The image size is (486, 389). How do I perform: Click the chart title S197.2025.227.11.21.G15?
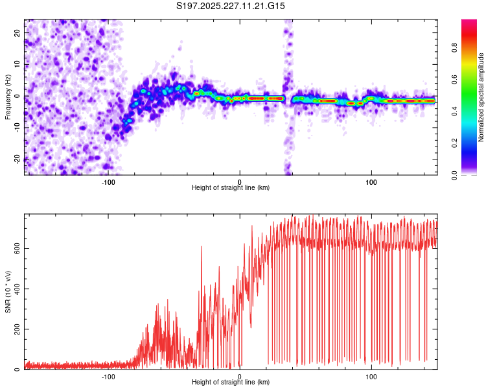click(231, 6)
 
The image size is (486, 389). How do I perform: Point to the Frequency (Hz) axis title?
click(8, 97)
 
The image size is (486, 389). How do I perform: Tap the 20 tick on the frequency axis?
click(17, 32)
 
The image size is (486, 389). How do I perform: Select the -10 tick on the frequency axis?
click(16, 127)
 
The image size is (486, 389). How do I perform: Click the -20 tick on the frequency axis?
click(16, 159)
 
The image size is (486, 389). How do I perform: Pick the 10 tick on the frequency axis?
click(17, 64)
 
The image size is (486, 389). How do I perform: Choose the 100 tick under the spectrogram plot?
click(371, 182)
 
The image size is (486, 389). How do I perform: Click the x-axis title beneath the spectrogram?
click(231, 188)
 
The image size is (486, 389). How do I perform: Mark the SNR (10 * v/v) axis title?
click(8, 294)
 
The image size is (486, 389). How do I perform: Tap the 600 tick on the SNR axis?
click(14, 248)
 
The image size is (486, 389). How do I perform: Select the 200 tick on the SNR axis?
click(14, 329)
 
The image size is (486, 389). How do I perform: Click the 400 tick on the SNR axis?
click(14, 289)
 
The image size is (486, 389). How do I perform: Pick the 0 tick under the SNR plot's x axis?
click(240, 377)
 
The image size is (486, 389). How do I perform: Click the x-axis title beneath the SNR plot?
click(231, 383)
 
